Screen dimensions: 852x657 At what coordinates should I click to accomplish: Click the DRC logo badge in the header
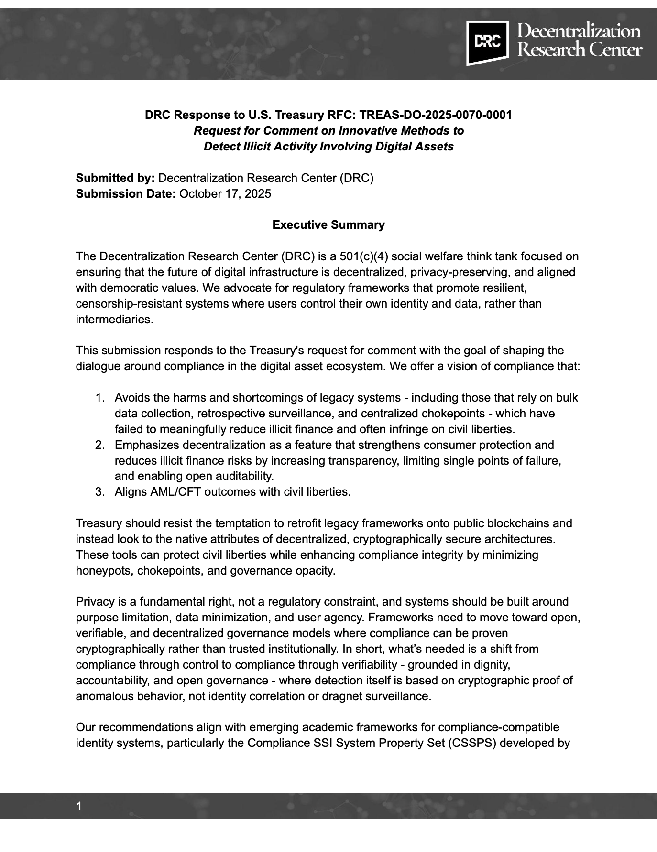pyautogui.click(x=487, y=43)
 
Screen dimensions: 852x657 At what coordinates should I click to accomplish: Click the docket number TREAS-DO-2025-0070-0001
pyautogui.click(x=435, y=115)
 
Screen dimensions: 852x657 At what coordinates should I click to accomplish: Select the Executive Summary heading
pyautogui.click(x=328, y=225)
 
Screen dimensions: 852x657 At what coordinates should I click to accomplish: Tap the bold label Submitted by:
pyautogui.click(x=115, y=178)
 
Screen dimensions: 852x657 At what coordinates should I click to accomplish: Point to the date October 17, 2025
pyautogui.click(x=225, y=194)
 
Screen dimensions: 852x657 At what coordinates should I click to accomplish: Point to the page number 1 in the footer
pyautogui.click(x=79, y=807)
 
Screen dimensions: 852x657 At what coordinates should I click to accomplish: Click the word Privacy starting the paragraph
pyautogui.click(x=94, y=602)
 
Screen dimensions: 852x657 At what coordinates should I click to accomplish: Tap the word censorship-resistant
pyautogui.click(x=124, y=304)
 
